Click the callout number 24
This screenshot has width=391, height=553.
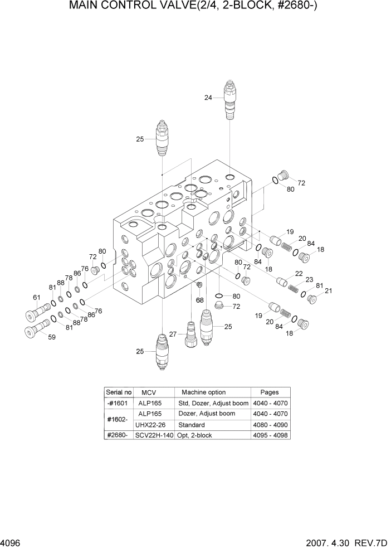tap(208, 98)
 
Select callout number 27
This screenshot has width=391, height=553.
tap(173, 334)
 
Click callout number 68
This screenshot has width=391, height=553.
tap(199, 300)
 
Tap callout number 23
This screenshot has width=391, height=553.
tap(309, 280)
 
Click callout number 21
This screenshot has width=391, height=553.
tap(328, 290)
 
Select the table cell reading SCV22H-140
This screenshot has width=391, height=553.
tap(154, 435)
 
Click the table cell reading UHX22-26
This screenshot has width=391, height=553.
tap(150, 425)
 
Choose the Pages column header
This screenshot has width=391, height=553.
tap(270, 392)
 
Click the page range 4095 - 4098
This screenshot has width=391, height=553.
tap(270, 435)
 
